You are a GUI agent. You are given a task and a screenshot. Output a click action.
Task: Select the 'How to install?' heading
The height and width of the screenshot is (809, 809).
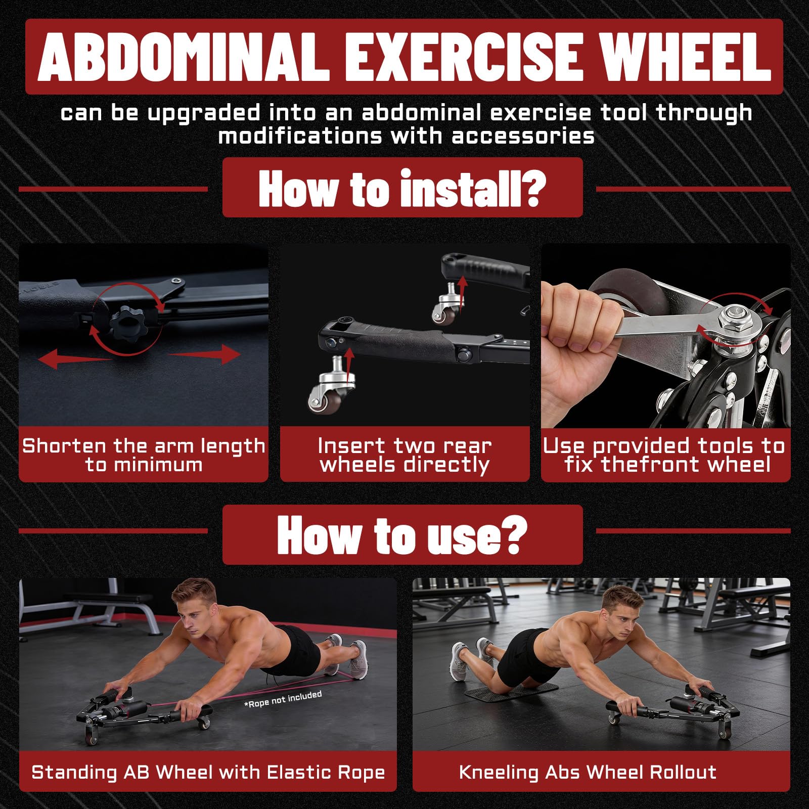point(402,188)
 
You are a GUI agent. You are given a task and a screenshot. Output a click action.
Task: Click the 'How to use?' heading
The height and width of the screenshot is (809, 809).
point(402,535)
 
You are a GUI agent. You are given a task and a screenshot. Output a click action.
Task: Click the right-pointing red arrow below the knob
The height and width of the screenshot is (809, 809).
point(204,354)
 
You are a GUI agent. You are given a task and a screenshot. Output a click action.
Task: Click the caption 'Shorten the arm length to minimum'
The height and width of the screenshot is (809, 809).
point(144,455)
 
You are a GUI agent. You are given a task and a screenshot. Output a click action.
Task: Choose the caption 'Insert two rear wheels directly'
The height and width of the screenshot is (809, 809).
point(404,455)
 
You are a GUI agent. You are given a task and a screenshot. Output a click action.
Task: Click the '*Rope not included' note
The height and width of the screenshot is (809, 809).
point(283,699)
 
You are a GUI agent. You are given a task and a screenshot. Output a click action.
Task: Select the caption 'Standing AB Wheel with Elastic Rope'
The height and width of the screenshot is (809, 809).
point(208,772)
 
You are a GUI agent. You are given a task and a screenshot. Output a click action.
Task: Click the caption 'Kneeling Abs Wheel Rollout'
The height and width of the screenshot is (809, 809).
point(588,772)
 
